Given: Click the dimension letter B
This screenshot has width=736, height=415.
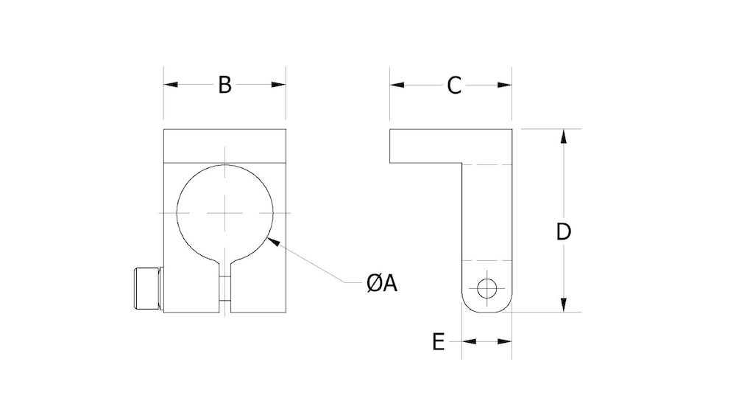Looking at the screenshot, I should tap(224, 85).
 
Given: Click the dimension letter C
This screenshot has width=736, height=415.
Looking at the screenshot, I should tap(453, 85).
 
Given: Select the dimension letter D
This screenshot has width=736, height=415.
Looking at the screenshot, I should tap(563, 231).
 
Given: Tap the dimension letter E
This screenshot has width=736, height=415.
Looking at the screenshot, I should tap(438, 342).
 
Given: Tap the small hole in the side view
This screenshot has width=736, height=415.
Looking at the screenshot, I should tap(486, 288).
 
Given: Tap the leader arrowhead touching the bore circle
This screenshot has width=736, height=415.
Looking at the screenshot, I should tap(272, 239).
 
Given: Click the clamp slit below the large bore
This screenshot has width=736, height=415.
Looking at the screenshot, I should tap(227, 291).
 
